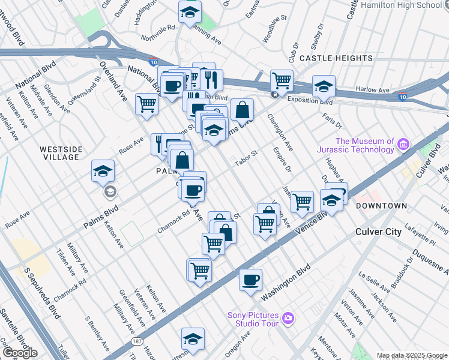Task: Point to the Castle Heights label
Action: [x=336, y=58]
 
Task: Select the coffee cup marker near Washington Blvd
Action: [x=250, y=279]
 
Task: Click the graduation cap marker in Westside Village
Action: [x=103, y=171]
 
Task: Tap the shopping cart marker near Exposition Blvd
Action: [x=282, y=79]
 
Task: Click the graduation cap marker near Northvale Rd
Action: [x=190, y=11]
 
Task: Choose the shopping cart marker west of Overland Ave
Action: [x=146, y=103]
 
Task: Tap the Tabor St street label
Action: [x=246, y=158]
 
